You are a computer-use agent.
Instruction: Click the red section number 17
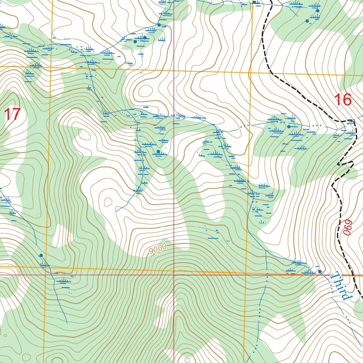coord(13,115)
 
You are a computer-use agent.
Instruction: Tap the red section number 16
coord(343,100)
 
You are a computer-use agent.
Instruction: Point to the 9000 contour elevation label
coord(158,249)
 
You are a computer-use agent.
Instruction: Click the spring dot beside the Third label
coord(320,272)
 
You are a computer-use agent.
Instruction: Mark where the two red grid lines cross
coord(174,275)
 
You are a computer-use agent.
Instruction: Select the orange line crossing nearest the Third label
coord(246,273)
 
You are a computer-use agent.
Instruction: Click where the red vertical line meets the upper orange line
coord(174,71)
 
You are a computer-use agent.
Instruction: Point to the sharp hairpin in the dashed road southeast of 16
coord(339,164)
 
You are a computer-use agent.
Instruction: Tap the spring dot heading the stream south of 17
coord(41,255)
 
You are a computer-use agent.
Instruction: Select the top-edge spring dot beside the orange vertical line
coord(254,2)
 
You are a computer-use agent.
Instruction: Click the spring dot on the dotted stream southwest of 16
coord(289,127)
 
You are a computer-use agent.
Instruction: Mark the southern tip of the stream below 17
coord(67,323)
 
